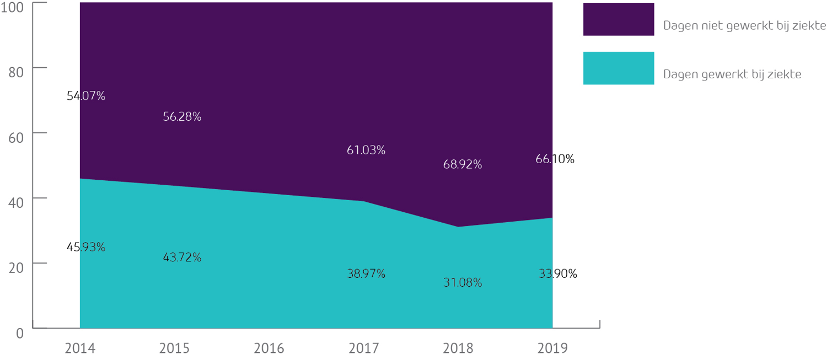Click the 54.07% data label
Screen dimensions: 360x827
86,96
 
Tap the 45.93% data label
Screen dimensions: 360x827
86,247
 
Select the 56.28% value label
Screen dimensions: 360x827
182,117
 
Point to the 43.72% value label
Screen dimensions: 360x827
182,257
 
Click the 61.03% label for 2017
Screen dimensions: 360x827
366,150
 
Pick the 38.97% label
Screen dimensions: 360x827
366,273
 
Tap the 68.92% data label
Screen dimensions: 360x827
463,164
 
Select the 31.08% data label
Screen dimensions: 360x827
463,283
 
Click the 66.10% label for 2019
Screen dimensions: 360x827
555,159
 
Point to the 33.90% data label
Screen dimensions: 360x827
557,273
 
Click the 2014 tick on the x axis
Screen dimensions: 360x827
80,348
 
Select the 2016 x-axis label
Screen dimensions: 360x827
269,348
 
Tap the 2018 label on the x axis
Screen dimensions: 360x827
458,348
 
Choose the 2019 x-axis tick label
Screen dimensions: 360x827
552,348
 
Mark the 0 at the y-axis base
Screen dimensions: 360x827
19,332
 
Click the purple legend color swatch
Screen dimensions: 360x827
618,19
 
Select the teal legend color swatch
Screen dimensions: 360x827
618,68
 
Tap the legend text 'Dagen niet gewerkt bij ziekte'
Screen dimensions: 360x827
744,26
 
